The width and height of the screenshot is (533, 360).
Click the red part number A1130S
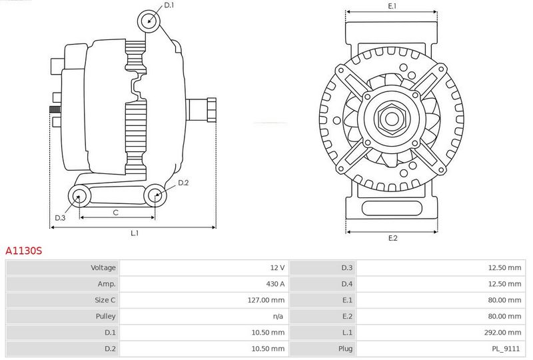click(24, 251)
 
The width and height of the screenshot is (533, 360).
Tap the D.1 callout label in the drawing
click(169, 5)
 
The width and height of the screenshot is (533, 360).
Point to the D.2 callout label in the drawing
click(183, 183)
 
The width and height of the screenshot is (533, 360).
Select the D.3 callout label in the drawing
click(60, 218)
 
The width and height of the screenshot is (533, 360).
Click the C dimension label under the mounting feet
click(115, 213)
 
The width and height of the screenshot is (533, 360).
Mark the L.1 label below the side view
click(135, 233)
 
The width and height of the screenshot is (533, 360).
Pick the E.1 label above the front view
click(392, 6)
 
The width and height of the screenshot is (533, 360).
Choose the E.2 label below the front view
click(392, 238)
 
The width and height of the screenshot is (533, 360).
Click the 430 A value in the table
click(275, 284)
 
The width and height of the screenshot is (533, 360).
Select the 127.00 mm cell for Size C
click(266, 300)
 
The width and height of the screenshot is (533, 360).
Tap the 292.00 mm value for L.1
click(503, 333)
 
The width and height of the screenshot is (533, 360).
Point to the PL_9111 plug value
click(506, 349)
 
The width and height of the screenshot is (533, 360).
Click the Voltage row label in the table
click(103, 267)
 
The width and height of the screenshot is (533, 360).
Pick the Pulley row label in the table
click(106, 316)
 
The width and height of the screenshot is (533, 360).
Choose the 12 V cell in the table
click(277, 267)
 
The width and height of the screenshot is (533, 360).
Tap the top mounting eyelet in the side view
click(149, 21)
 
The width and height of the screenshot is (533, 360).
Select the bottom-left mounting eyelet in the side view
click(79, 196)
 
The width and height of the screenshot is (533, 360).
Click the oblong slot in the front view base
click(392, 208)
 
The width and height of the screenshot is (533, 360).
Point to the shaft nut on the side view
click(211, 109)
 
